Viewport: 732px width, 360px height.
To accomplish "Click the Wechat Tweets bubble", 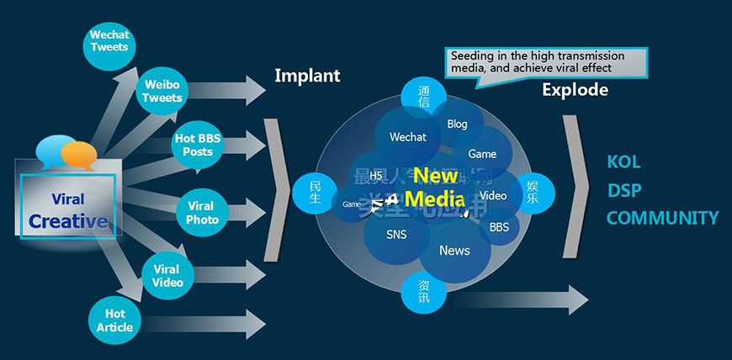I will pyautogui.click(x=110, y=40).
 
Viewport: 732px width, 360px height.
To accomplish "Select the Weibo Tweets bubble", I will pyautogui.click(x=162, y=92).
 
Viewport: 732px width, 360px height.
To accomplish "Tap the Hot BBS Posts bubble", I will pyautogui.click(x=198, y=145).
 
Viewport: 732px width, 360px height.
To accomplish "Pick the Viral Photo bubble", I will pyautogui.click(x=202, y=212).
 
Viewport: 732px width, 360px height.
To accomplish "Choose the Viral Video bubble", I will pyautogui.click(x=167, y=276).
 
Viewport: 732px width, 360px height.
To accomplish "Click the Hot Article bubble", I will pyautogui.click(x=114, y=320).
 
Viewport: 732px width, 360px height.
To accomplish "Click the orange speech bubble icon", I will pyautogui.click(x=79, y=154).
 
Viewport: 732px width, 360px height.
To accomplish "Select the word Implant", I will pyautogui.click(x=307, y=76).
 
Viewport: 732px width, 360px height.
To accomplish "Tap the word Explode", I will pyautogui.click(x=575, y=89).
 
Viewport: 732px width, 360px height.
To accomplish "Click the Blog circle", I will pyautogui.click(x=457, y=124).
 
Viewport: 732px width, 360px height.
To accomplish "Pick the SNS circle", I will pyautogui.click(x=395, y=235).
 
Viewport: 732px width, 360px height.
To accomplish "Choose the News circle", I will pyautogui.click(x=454, y=251).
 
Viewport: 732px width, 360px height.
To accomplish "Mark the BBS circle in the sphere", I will pyautogui.click(x=499, y=227).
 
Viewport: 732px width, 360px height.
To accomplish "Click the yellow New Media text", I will pyautogui.click(x=434, y=188).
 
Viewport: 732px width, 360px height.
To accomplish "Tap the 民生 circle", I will pyautogui.click(x=316, y=192).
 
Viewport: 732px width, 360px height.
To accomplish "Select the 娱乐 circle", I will pyautogui.click(x=532, y=192).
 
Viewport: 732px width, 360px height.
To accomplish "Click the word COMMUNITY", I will pyautogui.click(x=662, y=219).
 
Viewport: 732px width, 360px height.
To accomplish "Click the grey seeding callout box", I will pyautogui.click(x=546, y=61).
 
